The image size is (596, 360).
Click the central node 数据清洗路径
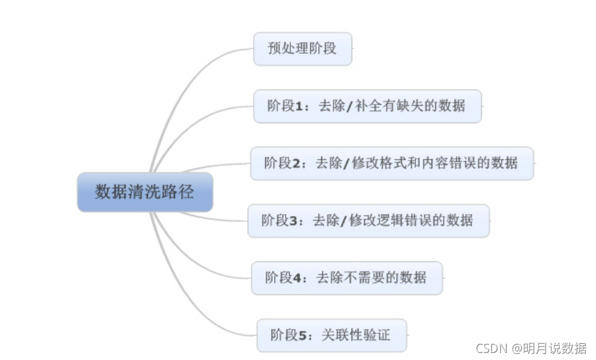coord(144,192)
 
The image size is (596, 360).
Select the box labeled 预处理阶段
coord(303,48)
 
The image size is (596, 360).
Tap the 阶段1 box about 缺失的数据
coord(367,106)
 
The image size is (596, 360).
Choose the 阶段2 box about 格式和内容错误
coord(392,163)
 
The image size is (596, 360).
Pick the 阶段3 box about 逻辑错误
coord(368,221)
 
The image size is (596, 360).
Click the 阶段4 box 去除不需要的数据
coord(346,277)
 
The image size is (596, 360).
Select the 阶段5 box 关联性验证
coord(332,335)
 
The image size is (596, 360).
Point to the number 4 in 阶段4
coord(297,278)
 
